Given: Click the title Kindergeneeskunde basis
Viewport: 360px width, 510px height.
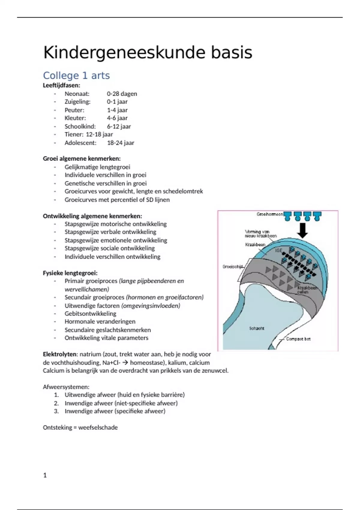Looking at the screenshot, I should (x=148, y=52).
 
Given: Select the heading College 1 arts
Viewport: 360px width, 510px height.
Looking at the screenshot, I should (x=76, y=76).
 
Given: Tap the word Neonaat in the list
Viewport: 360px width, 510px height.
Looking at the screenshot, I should (x=77, y=94).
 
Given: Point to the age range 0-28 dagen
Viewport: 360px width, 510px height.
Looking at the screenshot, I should (x=122, y=94).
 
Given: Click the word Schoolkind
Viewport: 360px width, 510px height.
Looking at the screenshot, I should (x=80, y=126).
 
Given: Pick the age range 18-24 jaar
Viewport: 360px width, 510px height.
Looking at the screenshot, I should (x=121, y=143).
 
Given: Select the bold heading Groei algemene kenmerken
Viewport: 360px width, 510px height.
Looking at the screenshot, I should (x=82, y=158).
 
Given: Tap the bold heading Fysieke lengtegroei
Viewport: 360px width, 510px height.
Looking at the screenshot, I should (x=70, y=273).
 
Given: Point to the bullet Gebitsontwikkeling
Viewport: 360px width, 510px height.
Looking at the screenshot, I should (x=90, y=313).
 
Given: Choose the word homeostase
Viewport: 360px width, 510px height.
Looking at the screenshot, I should (x=147, y=362).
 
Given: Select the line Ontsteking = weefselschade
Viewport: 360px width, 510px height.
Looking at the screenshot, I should (x=80, y=427).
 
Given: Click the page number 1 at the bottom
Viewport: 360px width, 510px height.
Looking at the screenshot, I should (x=45, y=475).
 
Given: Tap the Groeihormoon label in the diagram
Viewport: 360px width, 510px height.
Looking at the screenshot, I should (x=269, y=214).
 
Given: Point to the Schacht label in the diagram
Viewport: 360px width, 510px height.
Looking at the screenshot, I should (x=256, y=328).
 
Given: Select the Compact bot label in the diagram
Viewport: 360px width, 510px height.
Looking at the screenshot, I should (x=298, y=339).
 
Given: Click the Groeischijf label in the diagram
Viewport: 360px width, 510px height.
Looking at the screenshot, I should (x=232, y=266).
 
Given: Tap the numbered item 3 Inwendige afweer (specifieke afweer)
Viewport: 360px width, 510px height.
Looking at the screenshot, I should (x=115, y=411).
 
